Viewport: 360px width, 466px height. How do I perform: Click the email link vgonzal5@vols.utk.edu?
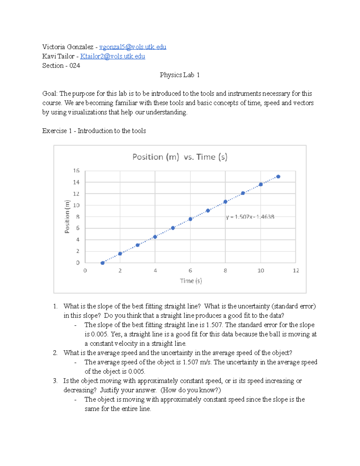pos(133,47)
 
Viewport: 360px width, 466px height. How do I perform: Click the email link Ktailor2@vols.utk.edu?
pos(112,56)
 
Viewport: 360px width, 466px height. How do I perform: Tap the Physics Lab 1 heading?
pos(179,75)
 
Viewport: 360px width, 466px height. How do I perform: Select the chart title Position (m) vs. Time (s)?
pos(180,157)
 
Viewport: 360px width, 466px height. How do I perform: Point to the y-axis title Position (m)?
pos(67,216)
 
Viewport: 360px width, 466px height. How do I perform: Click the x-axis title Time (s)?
pos(191,281)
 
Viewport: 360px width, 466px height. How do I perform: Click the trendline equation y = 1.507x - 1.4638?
pos(250,217)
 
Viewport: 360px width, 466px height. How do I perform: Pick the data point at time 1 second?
pos(103,263)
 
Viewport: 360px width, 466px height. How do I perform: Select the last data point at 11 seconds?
pos(278,177)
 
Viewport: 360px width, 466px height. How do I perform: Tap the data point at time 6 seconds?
pos(190,219)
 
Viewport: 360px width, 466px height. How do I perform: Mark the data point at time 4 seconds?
pos(155,237)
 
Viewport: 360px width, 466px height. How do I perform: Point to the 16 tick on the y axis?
pos(76,171)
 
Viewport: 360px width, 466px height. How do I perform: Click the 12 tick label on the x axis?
pos(296,271)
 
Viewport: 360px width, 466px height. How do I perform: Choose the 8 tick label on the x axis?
pos(225,271)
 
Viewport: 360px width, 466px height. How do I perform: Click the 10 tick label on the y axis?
pos(76,205)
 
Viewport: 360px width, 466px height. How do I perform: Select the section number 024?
pos(75,65)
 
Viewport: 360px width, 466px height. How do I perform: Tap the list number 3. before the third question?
pos(55,381)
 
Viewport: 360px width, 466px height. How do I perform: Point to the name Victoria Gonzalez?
pos(68,47)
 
